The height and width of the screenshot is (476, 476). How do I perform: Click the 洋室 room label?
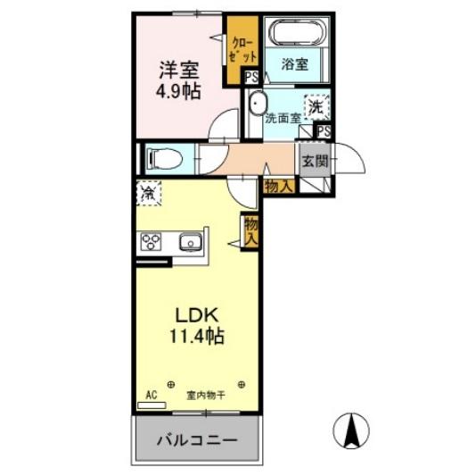click(179, 70)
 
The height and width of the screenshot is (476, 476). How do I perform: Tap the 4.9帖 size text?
click(179, 91)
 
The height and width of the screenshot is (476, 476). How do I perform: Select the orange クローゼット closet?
click(240, 49)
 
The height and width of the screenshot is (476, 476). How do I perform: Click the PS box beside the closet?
click(252, 78)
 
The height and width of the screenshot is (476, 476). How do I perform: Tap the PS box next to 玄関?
click(324, 131)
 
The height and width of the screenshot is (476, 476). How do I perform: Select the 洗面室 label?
click(283, 117)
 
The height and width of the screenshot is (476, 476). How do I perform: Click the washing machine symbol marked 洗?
click(316, 106)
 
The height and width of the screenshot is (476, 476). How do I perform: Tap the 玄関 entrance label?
click(314, 162)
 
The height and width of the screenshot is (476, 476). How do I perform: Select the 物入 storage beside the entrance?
click(279, 186)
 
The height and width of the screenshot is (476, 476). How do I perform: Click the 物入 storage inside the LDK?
click(251, 230)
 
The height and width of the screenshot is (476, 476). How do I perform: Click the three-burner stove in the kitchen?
click(150, 241)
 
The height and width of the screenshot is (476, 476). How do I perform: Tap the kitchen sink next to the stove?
click(190, 241)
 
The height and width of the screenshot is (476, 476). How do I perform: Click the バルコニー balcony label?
click(198, 440)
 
